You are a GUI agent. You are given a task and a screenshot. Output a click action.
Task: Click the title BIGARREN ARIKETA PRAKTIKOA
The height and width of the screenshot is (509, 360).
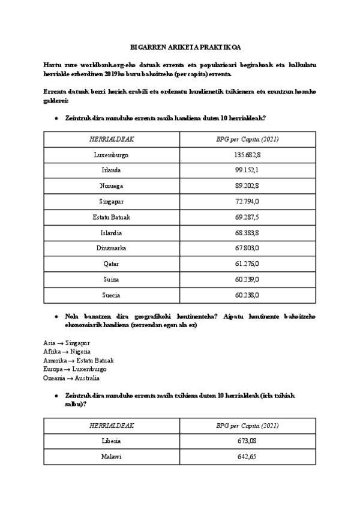(x=180, y=46)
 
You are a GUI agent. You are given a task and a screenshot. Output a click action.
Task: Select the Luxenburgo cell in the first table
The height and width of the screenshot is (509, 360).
(x=112, y=155)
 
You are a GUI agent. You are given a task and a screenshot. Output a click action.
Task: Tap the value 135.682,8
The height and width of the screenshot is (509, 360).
(x=247, y=155)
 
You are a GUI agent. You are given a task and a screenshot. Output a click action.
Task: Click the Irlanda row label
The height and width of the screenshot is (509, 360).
(x=112, y=170)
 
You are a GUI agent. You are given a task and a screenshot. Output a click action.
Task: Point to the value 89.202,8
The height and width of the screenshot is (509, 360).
(x=247, y=186)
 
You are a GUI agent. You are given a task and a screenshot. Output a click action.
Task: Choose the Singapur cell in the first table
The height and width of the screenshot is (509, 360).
(x=112, y=202)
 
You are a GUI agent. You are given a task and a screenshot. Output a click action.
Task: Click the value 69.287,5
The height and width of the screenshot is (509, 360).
(x=247, y=217)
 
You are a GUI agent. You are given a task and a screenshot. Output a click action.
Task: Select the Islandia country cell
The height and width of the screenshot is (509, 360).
(x=112, y=233)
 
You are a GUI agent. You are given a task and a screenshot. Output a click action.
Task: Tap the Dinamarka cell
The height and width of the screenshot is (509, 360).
(x=112, y=248)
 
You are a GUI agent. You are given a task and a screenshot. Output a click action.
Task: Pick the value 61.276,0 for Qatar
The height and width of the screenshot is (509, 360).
(x=247, y=264)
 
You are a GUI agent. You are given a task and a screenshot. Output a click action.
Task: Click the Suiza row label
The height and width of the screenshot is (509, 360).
(x=112, y=280)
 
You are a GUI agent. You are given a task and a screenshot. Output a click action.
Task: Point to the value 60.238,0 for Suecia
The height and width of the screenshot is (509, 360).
(x=247, y=295)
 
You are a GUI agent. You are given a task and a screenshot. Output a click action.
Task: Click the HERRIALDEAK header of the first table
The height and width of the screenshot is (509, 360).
(x=112, y=139)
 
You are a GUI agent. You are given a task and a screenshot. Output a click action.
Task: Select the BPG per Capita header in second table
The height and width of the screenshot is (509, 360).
(x=247, y=426)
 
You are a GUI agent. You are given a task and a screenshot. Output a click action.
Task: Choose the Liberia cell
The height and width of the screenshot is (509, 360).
(x=112, y=441)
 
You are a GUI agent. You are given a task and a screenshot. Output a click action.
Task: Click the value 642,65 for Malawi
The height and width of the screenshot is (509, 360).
(x=247, y=457)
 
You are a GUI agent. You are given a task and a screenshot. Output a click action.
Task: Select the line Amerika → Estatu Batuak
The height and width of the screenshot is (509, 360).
(x=78, y=360)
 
